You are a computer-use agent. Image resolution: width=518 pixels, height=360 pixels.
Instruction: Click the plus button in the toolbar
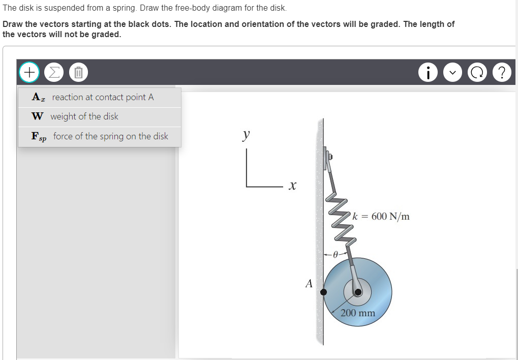(x=29, y=72)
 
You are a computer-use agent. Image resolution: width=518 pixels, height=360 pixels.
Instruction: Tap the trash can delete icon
(x=78, y=72)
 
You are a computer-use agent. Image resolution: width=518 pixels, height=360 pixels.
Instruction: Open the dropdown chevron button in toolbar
(x=452, y=72)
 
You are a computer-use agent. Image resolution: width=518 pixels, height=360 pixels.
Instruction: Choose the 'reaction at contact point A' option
(x=100, y=97)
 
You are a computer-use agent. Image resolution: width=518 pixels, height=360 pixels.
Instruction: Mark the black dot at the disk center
(x=358, y=292)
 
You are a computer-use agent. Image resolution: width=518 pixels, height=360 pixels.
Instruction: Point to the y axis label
(x=246, y=135)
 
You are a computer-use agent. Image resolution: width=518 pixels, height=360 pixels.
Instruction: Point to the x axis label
(x=292, y=187)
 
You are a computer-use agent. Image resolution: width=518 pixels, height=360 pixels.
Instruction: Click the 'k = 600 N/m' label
(x=385, y=216)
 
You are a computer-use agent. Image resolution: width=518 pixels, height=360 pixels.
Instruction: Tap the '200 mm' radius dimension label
(x=358, y=313)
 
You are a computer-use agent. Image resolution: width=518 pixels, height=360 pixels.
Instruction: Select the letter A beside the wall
(x=309, y=284)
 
